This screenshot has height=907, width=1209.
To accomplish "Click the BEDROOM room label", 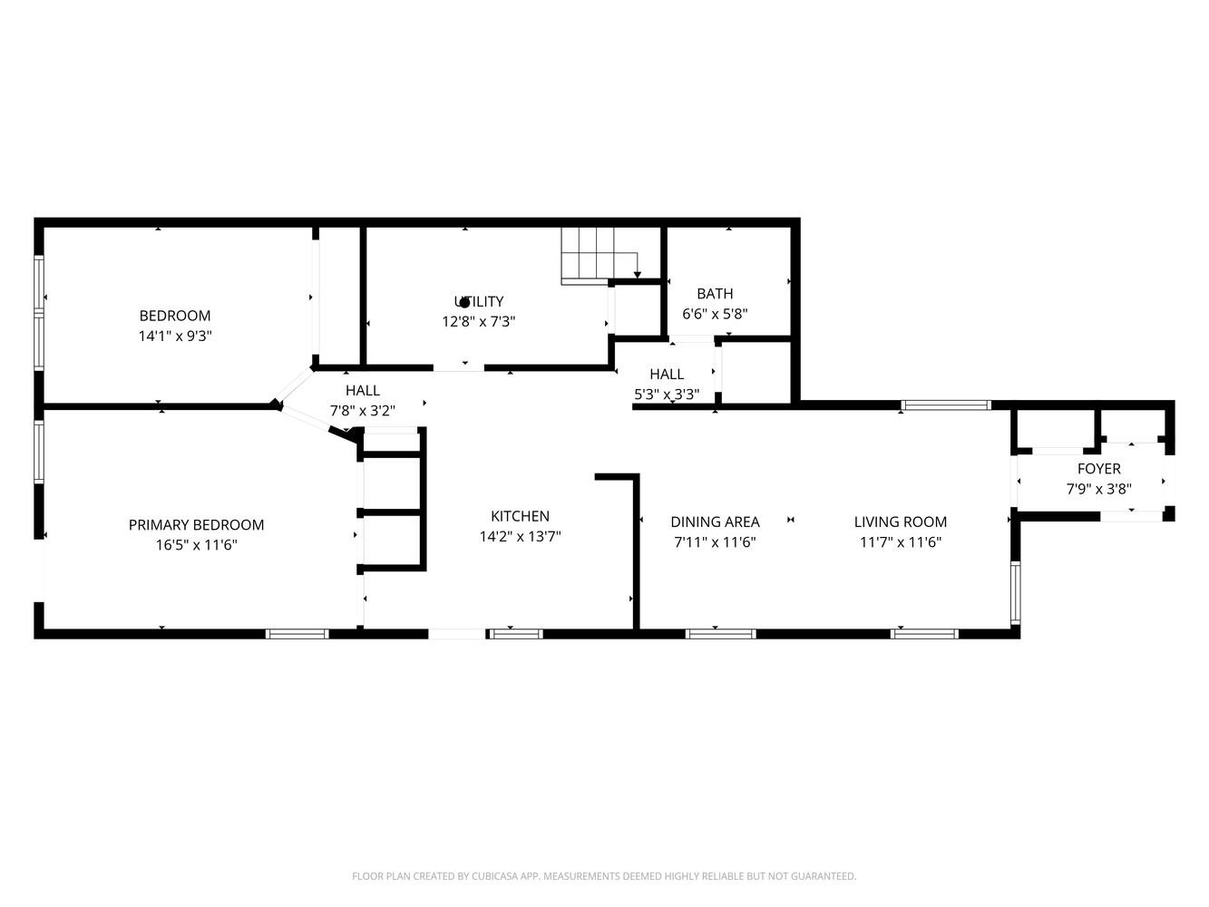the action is pos(175,316).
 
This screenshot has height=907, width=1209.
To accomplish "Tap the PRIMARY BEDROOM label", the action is pos(196,525).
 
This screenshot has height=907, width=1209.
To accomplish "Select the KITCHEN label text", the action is pos(520,516).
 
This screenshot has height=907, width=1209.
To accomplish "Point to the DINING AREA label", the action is pos(715,522).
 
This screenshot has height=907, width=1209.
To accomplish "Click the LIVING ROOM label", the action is pos(901,522).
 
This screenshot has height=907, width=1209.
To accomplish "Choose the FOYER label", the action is pos(1099,469).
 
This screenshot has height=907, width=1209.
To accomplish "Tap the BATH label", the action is pos(715,294).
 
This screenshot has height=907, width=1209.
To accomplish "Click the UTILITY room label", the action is pos(479,301).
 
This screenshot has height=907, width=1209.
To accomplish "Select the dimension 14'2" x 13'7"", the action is pos(520,536).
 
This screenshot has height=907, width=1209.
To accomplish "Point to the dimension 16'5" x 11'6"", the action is pos(196,545).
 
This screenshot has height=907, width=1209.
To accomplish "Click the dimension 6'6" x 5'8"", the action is pos(715,314).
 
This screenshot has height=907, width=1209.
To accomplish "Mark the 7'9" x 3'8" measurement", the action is pos(1099,489).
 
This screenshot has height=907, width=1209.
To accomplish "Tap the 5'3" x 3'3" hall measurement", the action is pos(667,395).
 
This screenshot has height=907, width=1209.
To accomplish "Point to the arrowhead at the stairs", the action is pos(638,275).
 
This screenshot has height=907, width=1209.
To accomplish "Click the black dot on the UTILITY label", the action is pos(464,303).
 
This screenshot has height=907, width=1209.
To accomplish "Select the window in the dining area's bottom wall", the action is pos(720,634).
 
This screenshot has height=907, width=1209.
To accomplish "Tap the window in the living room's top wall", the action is pos(946,405).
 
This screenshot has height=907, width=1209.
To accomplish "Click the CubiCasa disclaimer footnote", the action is pos(604,875).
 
